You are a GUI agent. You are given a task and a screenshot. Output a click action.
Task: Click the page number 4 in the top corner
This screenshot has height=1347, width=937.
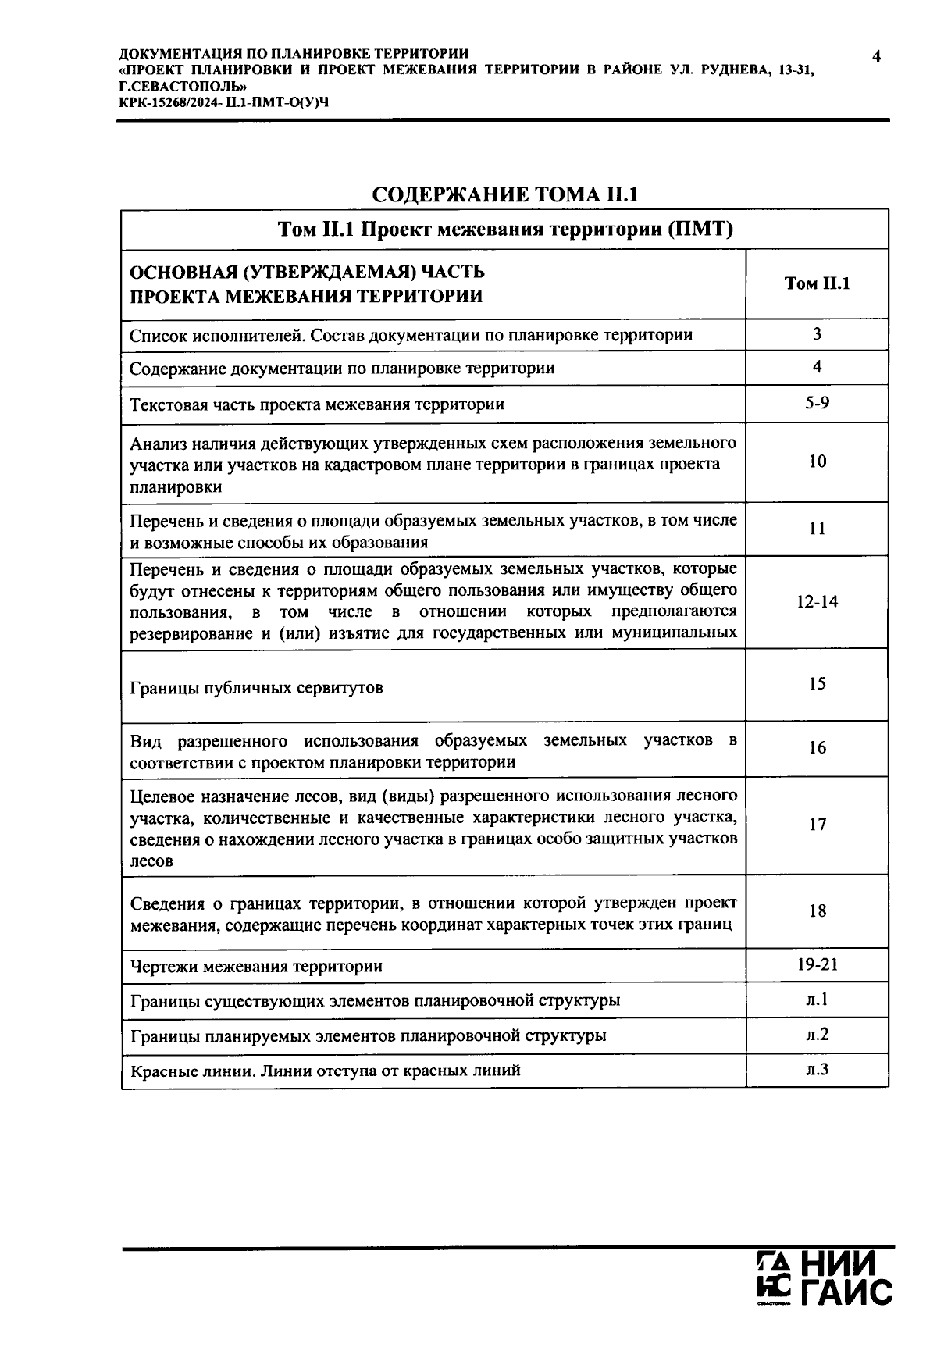pyautogui.click(x=876, y=57)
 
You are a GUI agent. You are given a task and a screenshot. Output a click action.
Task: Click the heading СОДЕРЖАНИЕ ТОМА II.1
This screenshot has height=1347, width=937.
pyautogui.click(x=504, y=194)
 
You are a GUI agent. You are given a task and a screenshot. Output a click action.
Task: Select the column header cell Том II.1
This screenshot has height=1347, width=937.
pyautogui.click(x=817, y=283)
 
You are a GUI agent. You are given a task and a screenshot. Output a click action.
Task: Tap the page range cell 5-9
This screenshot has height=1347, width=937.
pyautogui.click(x=817, y=404)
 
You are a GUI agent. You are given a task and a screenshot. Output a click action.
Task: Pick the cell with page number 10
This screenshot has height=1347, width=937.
pyautogui.click(x=817, y=461)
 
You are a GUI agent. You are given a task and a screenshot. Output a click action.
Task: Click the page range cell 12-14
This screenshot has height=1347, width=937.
pyautogui.click(x=817, y=601)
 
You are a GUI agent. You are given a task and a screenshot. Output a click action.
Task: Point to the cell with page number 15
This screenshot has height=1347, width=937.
pyautogui.click(x=817, y=684)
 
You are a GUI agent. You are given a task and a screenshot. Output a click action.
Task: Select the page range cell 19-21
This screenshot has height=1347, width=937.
pyautogui.click(x=817, y=964)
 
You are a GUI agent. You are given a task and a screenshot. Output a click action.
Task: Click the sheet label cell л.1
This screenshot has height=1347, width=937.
pyautogui.click(x=817, y=1000)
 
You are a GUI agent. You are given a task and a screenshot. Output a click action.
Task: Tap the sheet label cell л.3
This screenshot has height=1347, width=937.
pyautogui.click(x=817, y=1069)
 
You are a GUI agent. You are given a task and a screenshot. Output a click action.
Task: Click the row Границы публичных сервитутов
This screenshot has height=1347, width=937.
pyautogui.click(x=257, y=688)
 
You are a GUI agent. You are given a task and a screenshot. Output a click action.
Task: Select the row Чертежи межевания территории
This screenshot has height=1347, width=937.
pyautogui.click(x=257, y=967)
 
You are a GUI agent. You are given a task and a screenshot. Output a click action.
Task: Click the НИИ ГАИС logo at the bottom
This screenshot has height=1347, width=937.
pyautogui.click(x=825, y=1279)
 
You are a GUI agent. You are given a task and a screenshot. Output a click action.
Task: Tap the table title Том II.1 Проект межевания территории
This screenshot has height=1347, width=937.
pyautogui.click(x=505, y=230)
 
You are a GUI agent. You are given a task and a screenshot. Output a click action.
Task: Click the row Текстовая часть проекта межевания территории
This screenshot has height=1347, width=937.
pyautogui.click(x=317, y=404)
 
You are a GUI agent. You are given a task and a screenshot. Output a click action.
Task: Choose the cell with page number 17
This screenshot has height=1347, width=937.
pyautogui.click(x=817, y=825)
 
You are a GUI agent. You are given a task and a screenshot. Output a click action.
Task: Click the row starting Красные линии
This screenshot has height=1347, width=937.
pyautogui.click(x=326, y=1071)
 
